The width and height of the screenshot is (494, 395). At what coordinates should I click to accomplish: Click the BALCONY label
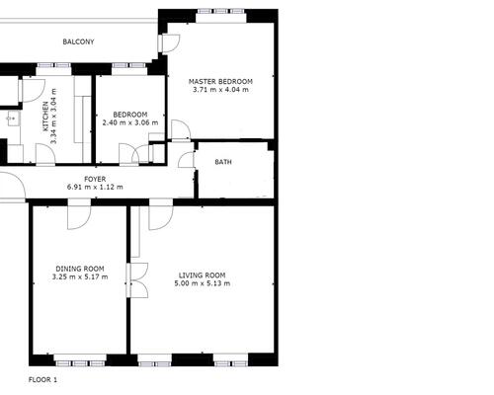tap(78, 41)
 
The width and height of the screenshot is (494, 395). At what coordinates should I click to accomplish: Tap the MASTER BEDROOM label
tap(220, 81)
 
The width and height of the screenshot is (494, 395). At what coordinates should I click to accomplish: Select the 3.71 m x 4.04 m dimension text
tap(220, 90)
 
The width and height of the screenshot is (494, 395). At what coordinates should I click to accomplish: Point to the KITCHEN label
tap(45, 117)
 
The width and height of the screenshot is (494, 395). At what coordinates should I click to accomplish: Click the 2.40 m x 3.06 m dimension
tap(130, 122)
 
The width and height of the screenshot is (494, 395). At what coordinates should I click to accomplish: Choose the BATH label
tap(223, 162)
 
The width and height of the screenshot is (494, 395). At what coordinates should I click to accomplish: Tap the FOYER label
tap(95, 179)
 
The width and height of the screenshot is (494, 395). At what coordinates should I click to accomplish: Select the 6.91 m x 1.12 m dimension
tap(95, 187)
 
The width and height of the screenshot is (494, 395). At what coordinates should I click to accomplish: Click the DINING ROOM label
tap(80, 269)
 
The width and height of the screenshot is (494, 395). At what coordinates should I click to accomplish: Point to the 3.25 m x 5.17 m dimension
tap(80, 276)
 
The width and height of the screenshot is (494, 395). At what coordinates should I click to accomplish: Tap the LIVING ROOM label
tap(203, 276)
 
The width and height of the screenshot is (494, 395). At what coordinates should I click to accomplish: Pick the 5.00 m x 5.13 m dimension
tap(203, 283)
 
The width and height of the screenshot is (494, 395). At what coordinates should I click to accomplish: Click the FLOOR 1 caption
tap(42, 379)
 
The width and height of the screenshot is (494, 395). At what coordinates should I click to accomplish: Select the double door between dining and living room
tap(137, 280)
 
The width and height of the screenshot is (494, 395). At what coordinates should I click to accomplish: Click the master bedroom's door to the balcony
tap(169, 43)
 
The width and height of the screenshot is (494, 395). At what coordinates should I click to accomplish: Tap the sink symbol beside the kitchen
tap(13, 118)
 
